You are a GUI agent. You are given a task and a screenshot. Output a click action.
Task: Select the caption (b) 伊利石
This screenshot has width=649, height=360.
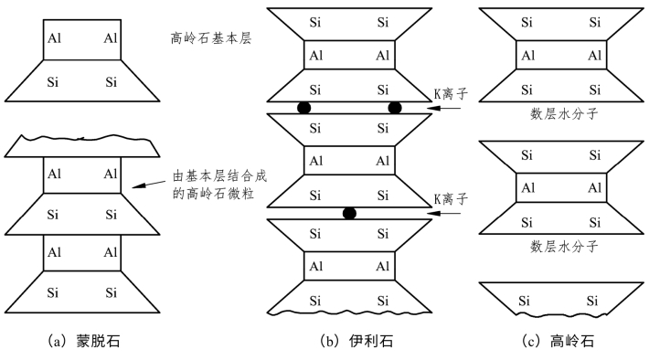[348, 342]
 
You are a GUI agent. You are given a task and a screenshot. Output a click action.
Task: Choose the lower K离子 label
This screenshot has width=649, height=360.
[451, 198]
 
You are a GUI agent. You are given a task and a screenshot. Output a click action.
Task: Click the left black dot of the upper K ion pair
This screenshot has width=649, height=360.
[304, 108]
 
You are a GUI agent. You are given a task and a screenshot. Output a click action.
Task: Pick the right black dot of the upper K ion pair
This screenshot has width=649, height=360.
[395, 108]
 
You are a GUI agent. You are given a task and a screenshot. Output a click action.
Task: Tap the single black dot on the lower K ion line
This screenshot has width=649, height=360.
[348, 213]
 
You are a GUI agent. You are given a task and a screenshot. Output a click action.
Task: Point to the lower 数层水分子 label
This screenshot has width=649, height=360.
[563, 246]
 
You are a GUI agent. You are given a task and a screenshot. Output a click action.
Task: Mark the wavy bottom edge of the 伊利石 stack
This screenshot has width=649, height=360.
[349, 312]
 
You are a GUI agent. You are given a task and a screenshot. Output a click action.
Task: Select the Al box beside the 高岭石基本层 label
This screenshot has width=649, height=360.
[82, 39]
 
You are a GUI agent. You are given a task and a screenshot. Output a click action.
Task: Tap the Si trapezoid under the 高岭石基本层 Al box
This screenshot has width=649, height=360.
[82, 81]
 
